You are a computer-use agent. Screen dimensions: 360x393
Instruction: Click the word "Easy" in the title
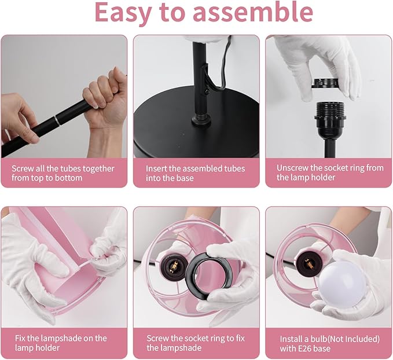(125, 13)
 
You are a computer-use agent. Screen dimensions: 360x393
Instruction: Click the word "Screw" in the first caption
(24, 168)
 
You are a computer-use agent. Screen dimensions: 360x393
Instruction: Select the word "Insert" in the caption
(157, 168)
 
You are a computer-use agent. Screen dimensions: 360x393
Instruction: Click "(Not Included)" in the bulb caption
(354, 339)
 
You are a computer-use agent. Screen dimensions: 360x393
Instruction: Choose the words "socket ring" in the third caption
(347, 168)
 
